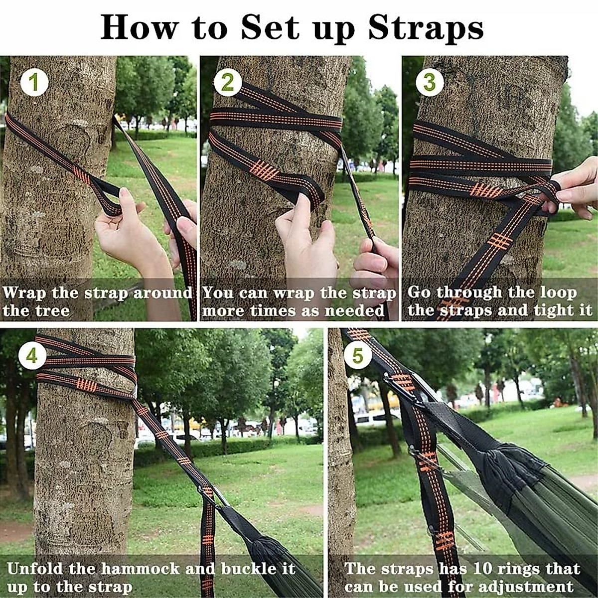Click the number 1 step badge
point(34,83)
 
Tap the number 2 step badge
point(227,83)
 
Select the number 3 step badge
point(429,83)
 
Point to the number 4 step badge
point(32,356)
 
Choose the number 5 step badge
point(357,356)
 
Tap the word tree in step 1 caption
point(53,311)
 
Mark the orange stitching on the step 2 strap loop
point(264,171)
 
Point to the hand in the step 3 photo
point(578,189)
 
